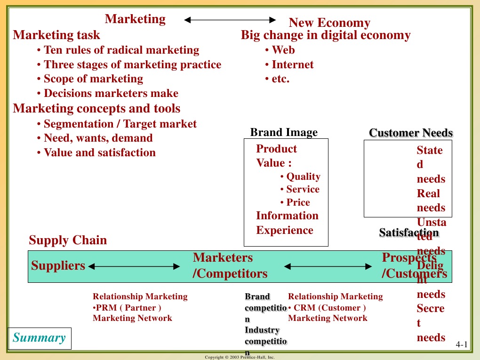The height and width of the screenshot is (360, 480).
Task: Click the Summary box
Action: [x=40, y=338]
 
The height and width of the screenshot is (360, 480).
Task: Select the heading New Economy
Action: [x=329, y=23]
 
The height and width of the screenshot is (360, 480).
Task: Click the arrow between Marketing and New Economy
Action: [x=230, y=20]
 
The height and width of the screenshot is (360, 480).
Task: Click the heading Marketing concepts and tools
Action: [x=96, y=108]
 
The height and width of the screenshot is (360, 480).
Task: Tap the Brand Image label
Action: [x=284, y=132]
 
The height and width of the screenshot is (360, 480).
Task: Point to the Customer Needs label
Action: [x=411, y=133]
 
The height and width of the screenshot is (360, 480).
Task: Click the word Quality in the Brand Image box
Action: [x=303, y=176]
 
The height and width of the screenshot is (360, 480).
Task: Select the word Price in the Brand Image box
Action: [x=298, y=202]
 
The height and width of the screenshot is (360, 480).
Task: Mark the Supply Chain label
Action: [x=68, y=240]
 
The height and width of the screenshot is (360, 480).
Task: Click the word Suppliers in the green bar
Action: [x=58, y=265]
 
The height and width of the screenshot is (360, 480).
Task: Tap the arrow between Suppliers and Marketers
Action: [x=134, y=266]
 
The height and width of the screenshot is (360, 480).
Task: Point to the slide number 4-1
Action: [x=462, y=346]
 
